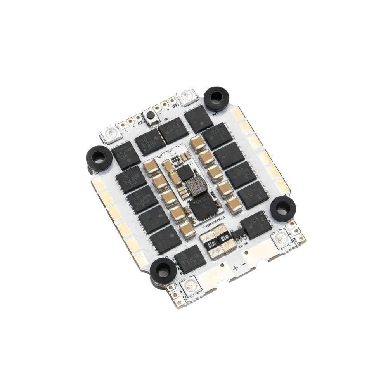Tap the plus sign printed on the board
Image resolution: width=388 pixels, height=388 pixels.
coord(235,268)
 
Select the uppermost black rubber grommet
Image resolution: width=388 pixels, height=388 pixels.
coord(216,98)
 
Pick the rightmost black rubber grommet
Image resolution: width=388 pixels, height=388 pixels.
coord(282,208)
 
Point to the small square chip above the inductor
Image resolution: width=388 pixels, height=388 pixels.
coord(187,171)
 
